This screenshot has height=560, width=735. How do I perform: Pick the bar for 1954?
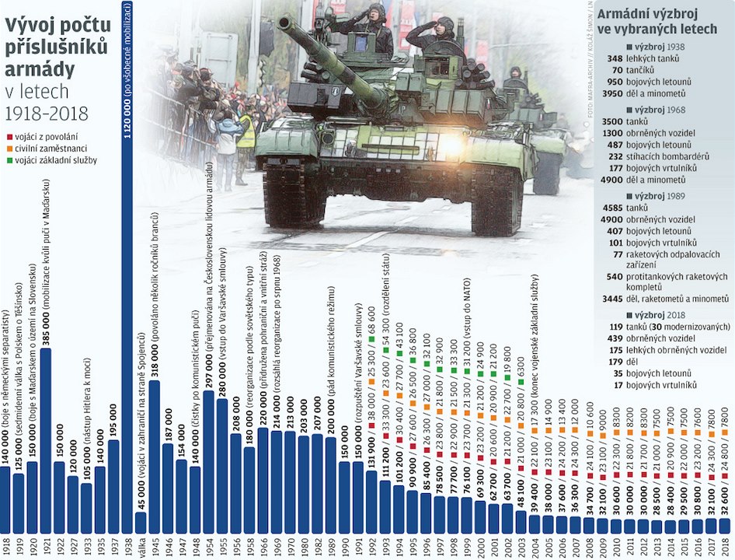(209, 459)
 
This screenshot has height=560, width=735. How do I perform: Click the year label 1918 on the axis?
(5, 544)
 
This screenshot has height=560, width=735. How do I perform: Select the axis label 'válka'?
(141, 544)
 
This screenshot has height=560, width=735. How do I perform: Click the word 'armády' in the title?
(32, 69)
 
